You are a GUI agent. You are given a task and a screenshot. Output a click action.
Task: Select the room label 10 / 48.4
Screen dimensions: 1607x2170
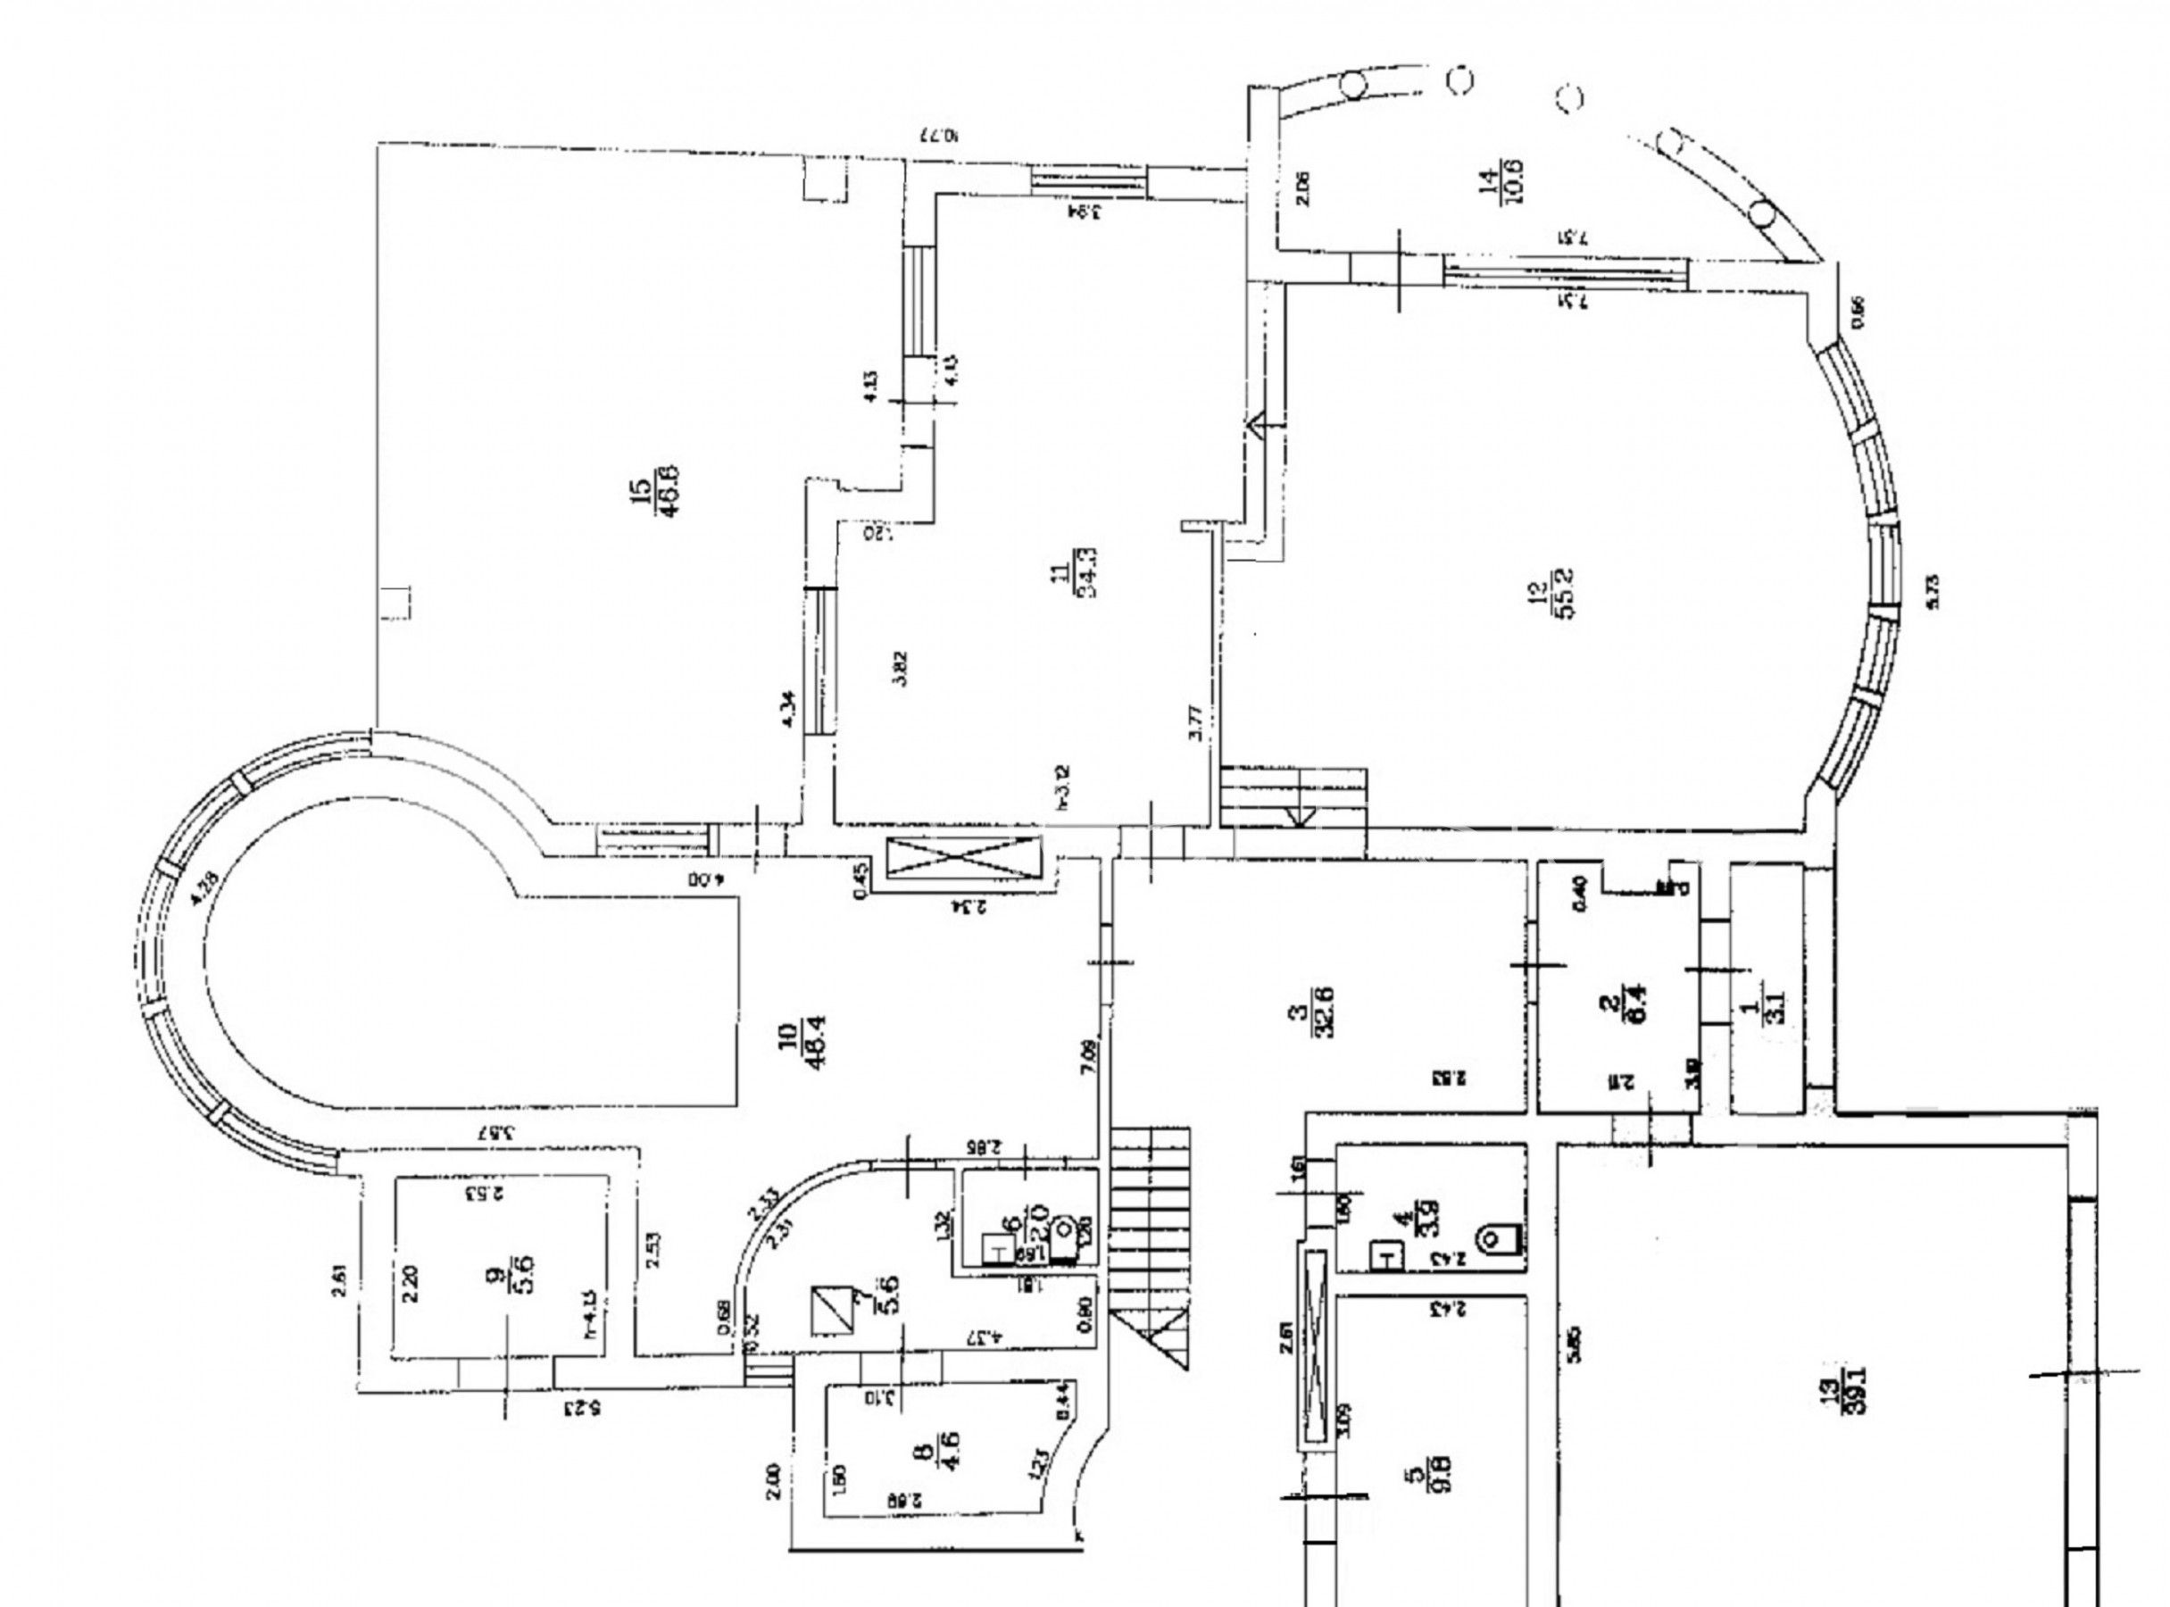coord(802,1043)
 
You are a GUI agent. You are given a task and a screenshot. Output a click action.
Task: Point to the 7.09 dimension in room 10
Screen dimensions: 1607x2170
coord(1087,1055)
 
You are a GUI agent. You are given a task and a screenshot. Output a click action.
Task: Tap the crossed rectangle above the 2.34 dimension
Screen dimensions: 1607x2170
coord(964,859)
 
